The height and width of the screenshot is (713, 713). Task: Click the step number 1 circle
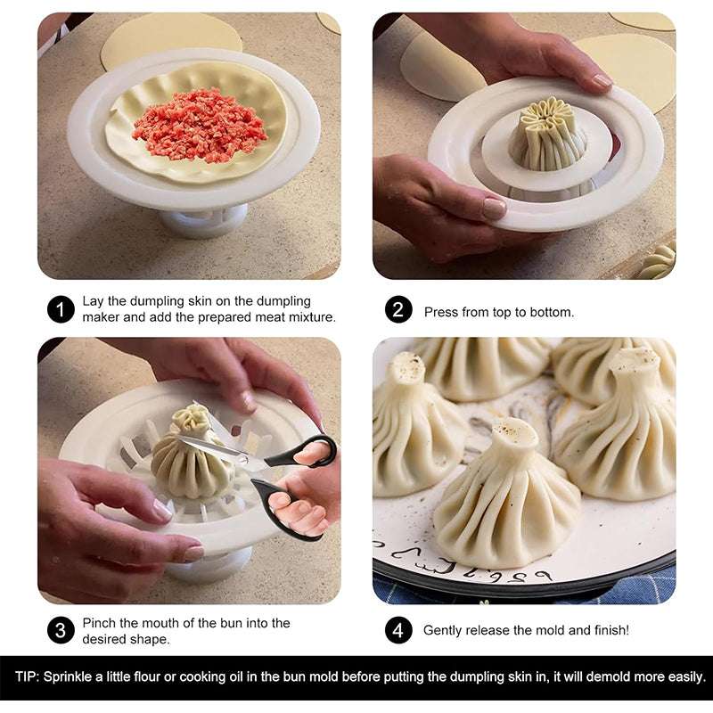point(60,310)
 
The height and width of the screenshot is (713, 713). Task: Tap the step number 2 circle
point(398,310)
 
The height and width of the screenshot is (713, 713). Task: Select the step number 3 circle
point(60,631)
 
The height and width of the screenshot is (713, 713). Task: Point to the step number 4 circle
point(398,630)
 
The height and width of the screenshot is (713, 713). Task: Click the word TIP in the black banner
point(26,677)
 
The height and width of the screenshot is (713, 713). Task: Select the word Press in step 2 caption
point(440,312)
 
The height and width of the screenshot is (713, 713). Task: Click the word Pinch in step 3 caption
point(99,623)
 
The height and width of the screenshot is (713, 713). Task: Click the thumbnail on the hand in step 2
point(495,209)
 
